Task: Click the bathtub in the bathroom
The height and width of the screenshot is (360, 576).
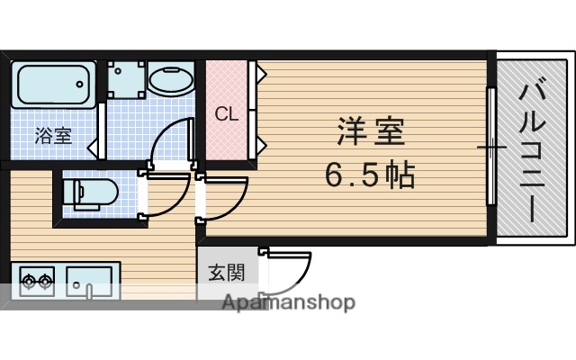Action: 54,84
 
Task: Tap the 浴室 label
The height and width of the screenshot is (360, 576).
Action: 53,136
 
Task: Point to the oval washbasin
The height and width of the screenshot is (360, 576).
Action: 168,80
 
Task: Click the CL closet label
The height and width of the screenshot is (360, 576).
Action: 225,114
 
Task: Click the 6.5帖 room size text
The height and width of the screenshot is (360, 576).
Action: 369,174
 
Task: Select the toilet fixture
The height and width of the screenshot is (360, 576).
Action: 87,192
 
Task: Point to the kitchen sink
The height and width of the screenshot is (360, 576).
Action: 88,283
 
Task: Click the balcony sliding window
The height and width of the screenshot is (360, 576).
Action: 491,146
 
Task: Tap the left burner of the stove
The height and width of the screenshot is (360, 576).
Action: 26,283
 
